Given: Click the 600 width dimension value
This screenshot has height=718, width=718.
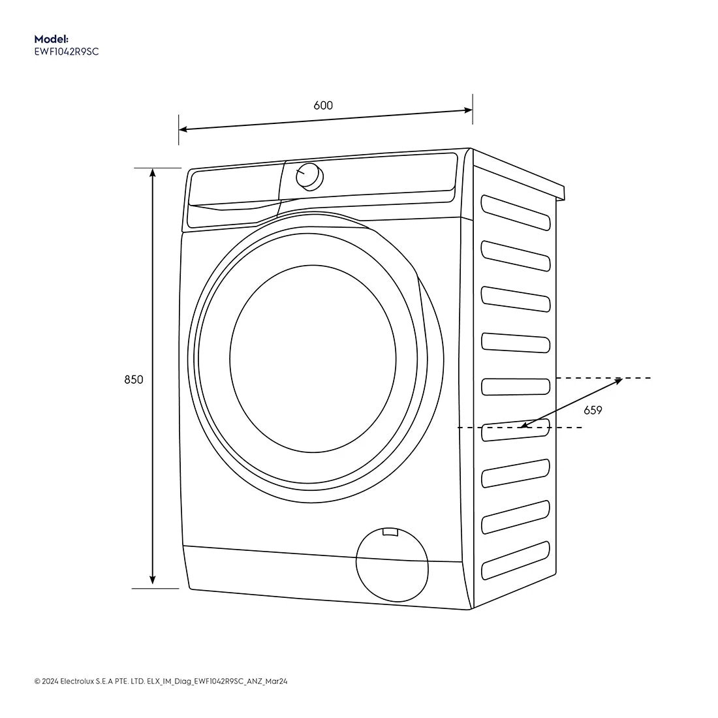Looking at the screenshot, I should (323, 105).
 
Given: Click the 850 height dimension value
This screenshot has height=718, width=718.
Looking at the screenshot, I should (134, 379).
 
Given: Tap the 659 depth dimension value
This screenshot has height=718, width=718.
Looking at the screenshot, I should (593, 410).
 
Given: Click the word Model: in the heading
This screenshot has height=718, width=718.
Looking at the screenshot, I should (51, 39).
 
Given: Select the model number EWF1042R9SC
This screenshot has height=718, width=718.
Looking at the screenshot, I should (66, 52).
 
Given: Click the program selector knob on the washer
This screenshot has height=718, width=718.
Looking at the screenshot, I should (309, 177).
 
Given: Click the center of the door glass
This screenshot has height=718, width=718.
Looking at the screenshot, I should (313, 358).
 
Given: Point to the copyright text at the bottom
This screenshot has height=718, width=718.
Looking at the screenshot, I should (161, 681).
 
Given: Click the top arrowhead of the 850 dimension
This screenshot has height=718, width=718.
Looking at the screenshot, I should (153, 172).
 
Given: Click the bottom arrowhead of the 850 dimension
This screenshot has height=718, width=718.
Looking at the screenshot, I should (153, 580).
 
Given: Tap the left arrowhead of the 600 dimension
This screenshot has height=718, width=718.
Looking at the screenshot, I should (183, 129).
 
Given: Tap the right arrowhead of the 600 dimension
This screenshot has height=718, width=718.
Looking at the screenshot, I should (468, 110).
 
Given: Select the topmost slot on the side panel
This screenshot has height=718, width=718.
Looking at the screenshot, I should (515, 212).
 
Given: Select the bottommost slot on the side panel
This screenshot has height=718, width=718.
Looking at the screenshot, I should (515, 560).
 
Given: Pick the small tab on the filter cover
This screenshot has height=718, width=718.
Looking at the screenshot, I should (390, 533).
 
